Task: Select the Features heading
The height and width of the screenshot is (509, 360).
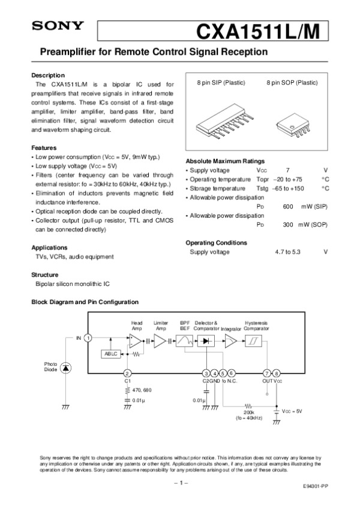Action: [44, 147]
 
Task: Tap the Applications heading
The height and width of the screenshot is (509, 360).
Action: [49, 248]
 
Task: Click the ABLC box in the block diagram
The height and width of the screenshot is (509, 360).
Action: [112, 354]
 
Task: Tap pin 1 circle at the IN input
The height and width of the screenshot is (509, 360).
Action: [88, 338]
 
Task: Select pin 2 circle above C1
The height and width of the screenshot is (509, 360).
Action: [127, 373]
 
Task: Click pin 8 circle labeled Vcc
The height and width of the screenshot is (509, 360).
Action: [277, 373]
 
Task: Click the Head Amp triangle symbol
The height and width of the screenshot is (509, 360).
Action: [137, 341]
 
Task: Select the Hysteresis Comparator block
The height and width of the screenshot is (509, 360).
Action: [256, 341]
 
